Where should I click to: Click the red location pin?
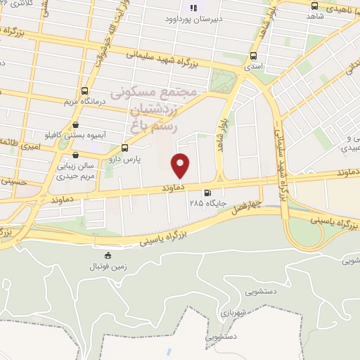point(181,165)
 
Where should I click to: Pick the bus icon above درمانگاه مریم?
point(85,91)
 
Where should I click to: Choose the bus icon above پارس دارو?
point(124,148)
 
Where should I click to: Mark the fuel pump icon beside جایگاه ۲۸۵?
point(207,193)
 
